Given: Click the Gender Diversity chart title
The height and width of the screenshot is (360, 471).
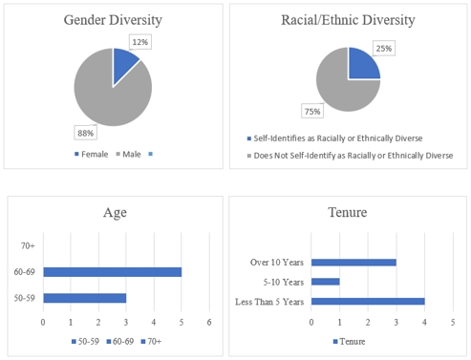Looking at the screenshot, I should (x=113, y=20).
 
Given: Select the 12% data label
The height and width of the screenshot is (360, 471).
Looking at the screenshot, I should (x=141, y=43).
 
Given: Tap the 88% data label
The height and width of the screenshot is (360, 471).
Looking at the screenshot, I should (x=85, y=132).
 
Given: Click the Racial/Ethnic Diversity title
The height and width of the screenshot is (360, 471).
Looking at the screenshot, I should (x=348, y=20).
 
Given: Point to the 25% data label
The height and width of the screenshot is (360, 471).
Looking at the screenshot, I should (x=385, y=48).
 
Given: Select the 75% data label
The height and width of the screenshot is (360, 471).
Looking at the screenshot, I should (x=312, y=112).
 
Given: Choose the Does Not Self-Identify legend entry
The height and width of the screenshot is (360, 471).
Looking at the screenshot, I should (x=349, y=155).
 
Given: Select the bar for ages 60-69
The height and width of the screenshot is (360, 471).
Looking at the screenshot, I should (x=112, y=272).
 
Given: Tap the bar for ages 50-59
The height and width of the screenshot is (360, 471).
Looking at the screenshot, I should (x=84, y=298).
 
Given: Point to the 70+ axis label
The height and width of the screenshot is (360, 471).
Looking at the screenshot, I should (x=29, y=246).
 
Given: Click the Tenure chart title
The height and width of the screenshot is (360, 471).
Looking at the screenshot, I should (x=348, y=214).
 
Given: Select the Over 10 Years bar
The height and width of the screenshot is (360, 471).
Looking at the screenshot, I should (x=353, y=262).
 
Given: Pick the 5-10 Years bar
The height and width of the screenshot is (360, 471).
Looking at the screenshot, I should (x=325, y=282).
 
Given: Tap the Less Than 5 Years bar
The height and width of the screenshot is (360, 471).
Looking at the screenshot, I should (x=368, y=302).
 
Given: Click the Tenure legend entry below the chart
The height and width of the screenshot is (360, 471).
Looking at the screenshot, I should (x=351, y=341).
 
